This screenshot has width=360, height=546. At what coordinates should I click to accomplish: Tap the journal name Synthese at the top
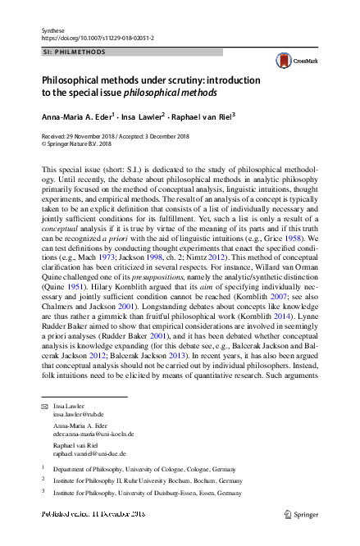click(52, 30)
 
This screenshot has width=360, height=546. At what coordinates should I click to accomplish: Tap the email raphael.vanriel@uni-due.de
click(90, 453)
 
